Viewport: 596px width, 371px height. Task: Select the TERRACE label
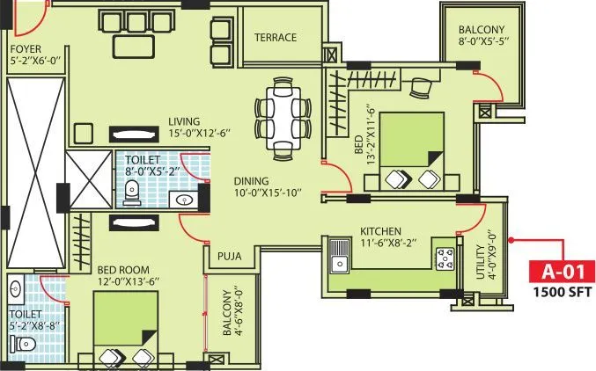[x=276, y=38]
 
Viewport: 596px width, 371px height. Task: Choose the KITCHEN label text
[x=380, y=230]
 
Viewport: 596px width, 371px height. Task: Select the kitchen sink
[x=339, y=260]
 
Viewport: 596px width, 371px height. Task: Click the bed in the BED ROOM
[x=125, y=328]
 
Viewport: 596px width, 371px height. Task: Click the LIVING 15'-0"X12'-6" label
[x=201, y=127]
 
